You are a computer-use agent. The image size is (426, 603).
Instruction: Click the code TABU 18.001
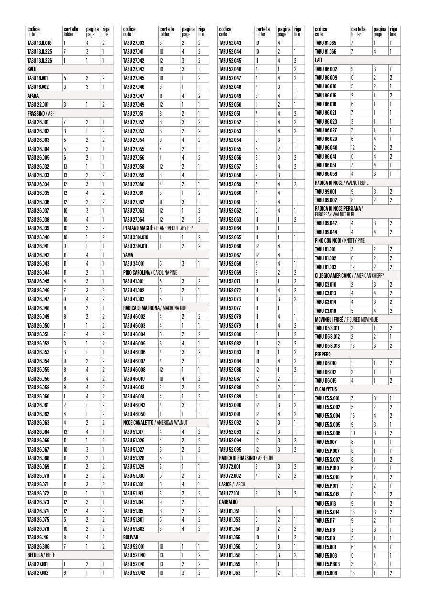38,78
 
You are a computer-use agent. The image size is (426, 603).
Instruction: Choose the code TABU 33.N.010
136,237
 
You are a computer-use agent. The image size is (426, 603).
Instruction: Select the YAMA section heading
128,255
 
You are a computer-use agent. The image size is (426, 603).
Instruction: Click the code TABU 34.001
134,263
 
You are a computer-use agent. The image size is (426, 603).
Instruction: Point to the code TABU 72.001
230,466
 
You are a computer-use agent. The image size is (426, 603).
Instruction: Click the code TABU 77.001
230,493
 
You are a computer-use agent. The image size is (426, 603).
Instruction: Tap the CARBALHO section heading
230,502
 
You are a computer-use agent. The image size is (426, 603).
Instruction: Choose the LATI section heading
319,60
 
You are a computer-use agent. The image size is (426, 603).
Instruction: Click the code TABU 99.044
326,232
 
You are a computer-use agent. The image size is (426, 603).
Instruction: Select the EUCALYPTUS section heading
327,389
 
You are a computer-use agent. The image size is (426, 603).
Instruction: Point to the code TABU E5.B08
326,573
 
